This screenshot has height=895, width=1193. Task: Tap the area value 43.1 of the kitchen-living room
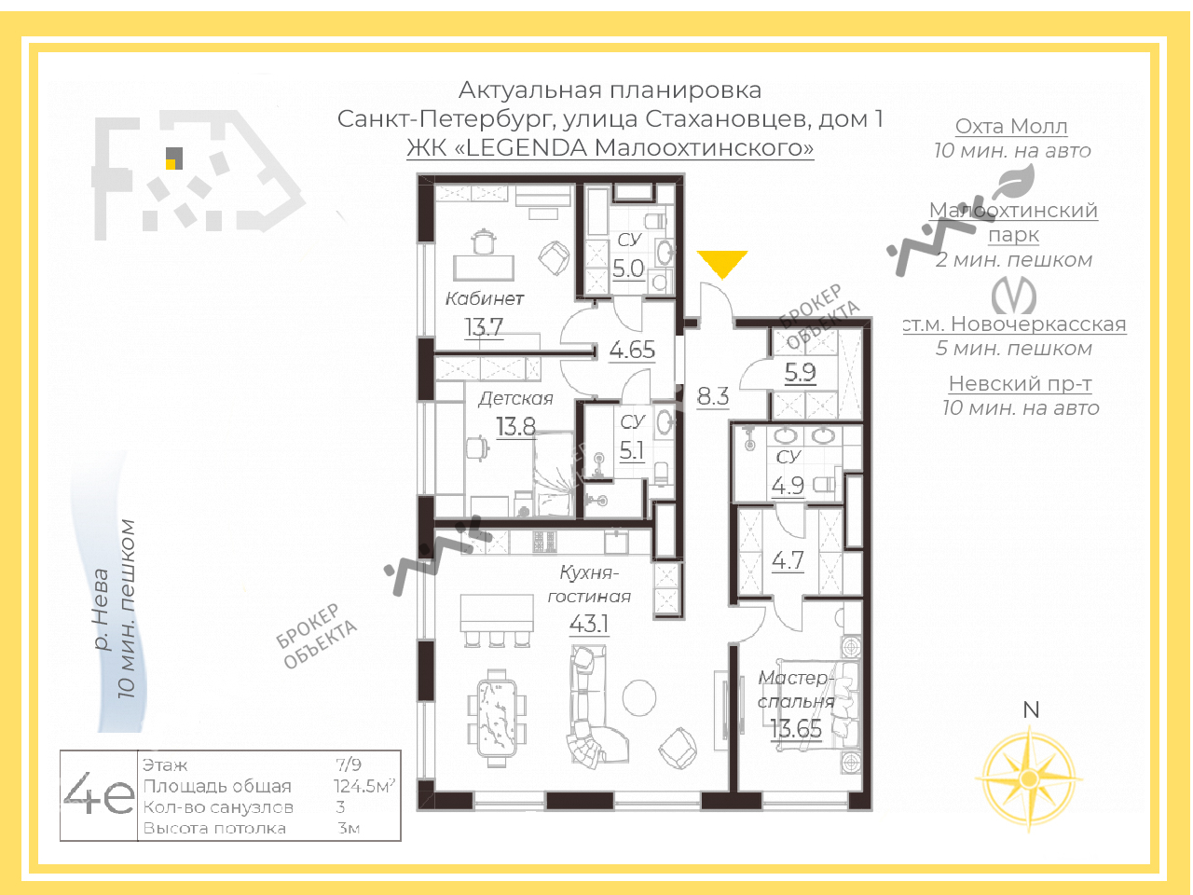(x=589, y=624)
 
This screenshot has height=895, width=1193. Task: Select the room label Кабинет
(x=485, y=298)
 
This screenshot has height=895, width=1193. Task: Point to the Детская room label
(x=515, y=399)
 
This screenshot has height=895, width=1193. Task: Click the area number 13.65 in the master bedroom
(x=796, y=729)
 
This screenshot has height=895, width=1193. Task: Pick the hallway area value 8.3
(x=713, y=396)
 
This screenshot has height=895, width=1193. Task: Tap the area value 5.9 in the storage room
(x=800, y=372)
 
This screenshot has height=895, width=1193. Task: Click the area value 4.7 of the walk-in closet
(x=788, y=559)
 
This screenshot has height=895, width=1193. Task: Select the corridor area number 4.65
(x=632, y=350)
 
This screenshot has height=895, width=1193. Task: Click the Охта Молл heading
(x=1011, y=126)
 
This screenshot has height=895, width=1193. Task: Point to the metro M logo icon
(x=1014, y=296)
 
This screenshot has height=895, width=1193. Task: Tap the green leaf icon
(x=1014, y=182)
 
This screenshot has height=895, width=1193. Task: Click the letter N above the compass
(x=1031, y=709)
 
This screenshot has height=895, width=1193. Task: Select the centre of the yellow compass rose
(x=1029, y=778)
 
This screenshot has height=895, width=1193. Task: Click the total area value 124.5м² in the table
(x=364, y=786)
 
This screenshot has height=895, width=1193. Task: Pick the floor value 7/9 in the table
(x=349, y=764)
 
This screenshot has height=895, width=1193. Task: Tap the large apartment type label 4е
(x=99, y=794)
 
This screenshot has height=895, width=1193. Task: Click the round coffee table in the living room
(x=639, y=697)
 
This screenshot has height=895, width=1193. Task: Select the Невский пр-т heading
(x=1021, y=384)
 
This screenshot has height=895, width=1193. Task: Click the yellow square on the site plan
(x=171, y=164)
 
